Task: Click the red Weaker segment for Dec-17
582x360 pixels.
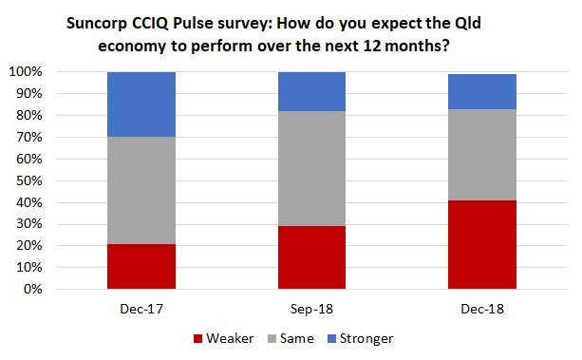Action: pos(141,266)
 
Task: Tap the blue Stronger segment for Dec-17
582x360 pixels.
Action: pos(141,104)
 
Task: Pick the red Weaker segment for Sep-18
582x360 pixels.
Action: pos(311,256)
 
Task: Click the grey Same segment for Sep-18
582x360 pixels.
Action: pos(311,168)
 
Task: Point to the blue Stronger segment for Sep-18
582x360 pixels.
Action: pos(311,91)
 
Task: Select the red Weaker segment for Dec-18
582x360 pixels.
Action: pos(481,244)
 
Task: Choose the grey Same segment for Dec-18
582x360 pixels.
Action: pos(481,155)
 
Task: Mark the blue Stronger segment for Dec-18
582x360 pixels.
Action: pos(481,91)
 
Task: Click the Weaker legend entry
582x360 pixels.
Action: pos(223,338)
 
